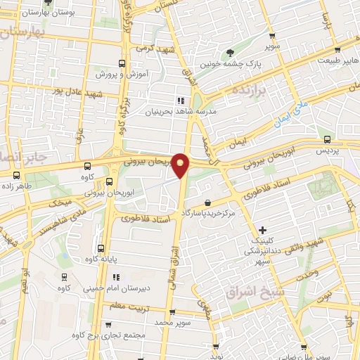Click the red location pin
(181, 165)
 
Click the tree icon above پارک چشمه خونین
(230, 53)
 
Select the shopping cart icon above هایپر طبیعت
(338, 49)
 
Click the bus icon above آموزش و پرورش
(123, 62)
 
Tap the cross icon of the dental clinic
(263, 229)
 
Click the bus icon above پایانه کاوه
(101, 248)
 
